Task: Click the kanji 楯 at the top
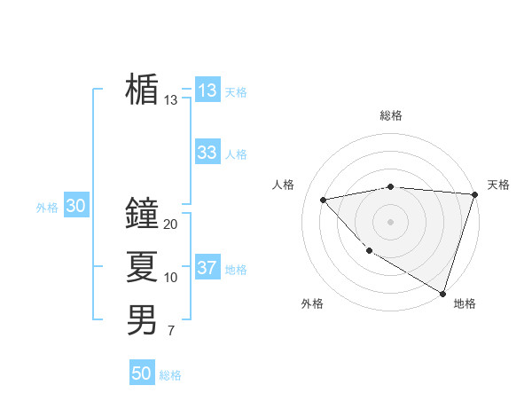point(142,90)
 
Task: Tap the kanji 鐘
point(142,214)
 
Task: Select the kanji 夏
point(142,266)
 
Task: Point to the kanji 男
point(142,319)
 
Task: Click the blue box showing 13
point(207,90)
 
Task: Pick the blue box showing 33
point(207,153)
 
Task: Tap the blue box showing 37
point(207,268)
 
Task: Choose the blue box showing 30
point(75,207)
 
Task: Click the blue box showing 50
point(142,374)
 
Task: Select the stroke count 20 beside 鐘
point(171,224)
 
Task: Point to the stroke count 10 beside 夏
point(171,278)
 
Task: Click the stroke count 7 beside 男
point(171,331)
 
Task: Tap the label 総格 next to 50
point(170,375)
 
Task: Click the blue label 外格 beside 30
point(47,208)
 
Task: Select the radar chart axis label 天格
point(498,185)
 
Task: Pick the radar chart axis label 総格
point(390,115)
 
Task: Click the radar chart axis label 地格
point(465,303)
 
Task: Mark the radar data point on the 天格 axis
point(474,194)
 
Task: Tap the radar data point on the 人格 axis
point(324,200)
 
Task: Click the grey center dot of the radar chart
point(390,221)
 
